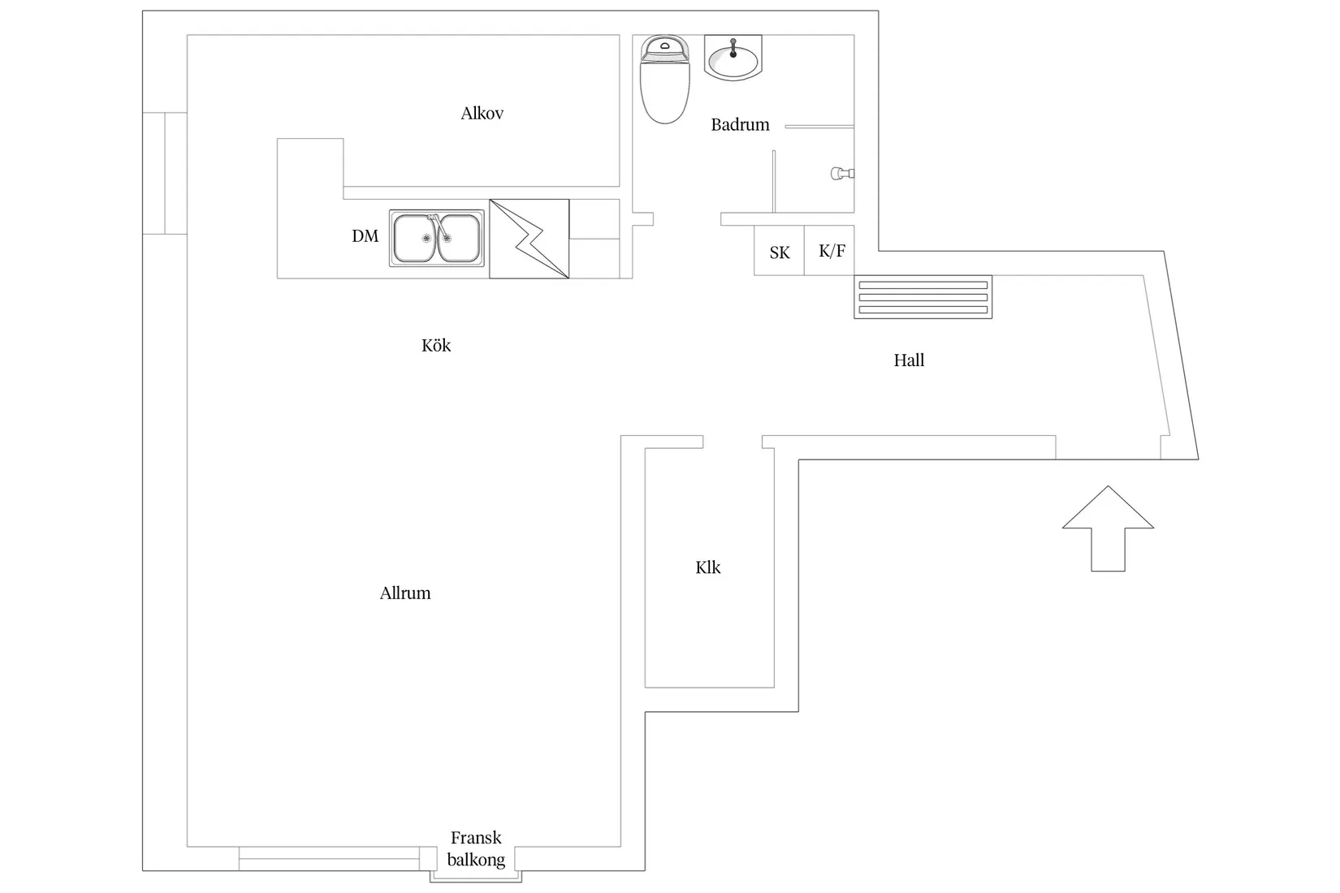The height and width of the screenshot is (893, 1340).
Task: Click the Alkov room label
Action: pos(482,114)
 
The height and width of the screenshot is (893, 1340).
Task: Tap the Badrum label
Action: pos(740,125)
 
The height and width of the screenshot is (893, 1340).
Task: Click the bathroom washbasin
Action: pos(733,59)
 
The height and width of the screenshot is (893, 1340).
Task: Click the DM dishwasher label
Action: pos(365,236)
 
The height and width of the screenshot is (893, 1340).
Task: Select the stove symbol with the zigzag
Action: pos(529,239)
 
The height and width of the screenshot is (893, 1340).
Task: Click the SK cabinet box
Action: pos(779,252)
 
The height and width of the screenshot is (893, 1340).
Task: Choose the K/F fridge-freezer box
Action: pos(831,251)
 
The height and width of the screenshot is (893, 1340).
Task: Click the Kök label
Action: pos(436,346)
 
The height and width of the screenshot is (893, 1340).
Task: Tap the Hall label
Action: pos(909,360)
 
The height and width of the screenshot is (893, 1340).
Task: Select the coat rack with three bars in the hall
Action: pos(923,297)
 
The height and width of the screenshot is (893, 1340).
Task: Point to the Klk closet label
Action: pos(707,567)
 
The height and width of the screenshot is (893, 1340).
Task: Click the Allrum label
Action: pos(404,593)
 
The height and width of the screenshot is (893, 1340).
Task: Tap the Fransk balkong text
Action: pos(476,848)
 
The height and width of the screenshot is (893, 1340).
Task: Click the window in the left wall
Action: pos(165,173)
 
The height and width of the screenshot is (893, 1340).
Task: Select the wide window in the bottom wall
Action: pos(329,859)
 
